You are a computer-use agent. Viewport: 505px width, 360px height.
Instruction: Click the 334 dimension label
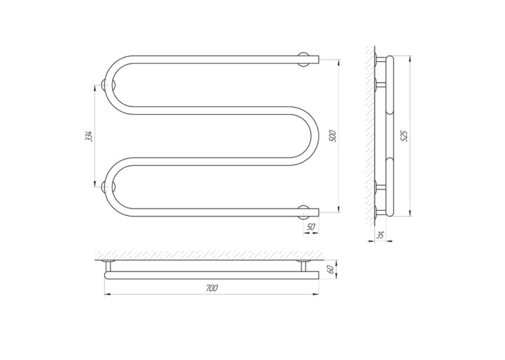pos(89,136)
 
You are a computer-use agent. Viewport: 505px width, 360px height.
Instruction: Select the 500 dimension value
pos(333,136)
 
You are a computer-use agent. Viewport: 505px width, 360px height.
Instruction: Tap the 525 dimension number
pos(405,135)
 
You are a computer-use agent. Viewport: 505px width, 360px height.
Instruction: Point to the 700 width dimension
pos(212,288)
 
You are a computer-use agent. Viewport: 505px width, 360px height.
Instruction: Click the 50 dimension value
pos(311,227)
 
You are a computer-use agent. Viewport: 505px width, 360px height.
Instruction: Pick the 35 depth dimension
pos(380,235)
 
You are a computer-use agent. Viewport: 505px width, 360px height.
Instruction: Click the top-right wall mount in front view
pos(304,59)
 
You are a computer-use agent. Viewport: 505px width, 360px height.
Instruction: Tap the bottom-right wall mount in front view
pos(304,212)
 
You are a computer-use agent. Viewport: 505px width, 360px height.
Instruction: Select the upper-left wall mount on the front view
pos(106,85)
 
